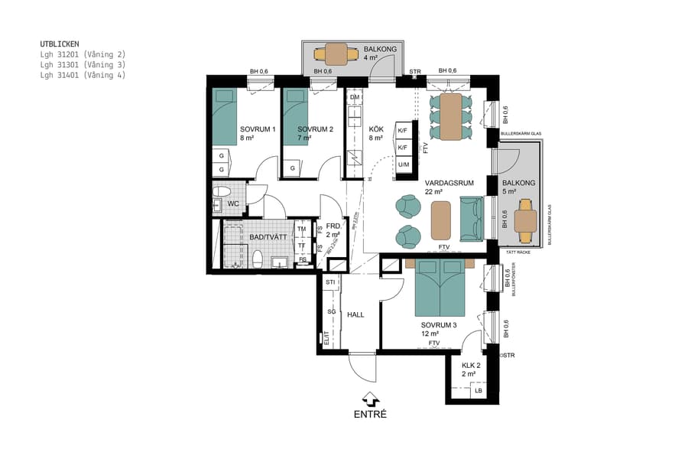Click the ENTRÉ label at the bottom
370,415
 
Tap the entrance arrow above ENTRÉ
370,399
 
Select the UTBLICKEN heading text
60,44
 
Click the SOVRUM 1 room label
257,129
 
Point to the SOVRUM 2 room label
315,129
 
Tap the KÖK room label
376,129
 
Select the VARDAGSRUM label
450,183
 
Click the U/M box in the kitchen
404,164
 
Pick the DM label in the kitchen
355,97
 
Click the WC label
235,204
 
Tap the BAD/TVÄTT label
268,238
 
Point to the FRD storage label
333,227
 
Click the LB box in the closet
479,391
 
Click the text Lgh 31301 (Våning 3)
83,65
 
